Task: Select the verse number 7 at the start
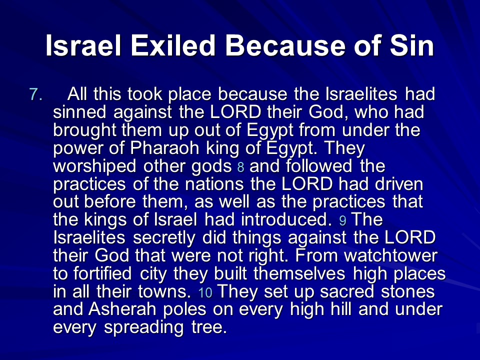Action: click(x=36, y=94)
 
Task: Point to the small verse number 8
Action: click(x=241, y=167)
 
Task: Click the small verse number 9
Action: click(x=343, y=220)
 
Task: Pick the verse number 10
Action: click(x=205, y=292)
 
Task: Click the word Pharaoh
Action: click(x=164, y=148)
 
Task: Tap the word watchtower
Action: click(x=390, y=255)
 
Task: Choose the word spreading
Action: click(x=144, y=328)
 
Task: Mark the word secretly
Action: click(x=164, y=238)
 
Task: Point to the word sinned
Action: click(x=79, y=112)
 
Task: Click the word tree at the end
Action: click(x=209, y=327)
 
